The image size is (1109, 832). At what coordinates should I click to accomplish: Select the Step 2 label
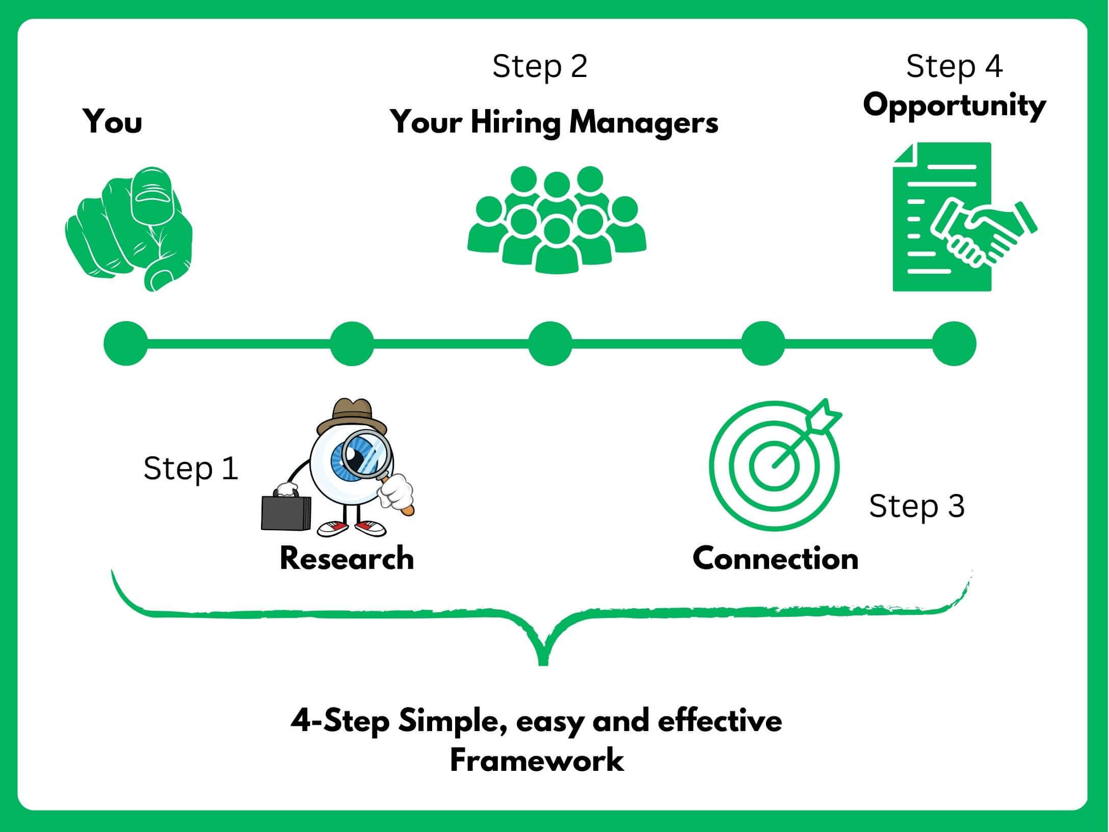(x=540, y=67)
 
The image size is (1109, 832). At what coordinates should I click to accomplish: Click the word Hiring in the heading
(x=515, y=123)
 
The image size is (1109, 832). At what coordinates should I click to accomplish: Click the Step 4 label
(x=954, y=67)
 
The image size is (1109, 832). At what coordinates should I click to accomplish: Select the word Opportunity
(x=954, y=107)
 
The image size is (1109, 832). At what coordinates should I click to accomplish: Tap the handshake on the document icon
(x=984, y=232)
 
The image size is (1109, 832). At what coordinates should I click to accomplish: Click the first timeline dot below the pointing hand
(x=126, y=343)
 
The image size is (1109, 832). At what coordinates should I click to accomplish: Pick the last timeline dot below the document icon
(x=954, y=343)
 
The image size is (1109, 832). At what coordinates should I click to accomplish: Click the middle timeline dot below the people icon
(x=550, y=343)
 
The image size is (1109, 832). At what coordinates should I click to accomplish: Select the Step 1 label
(x=191, y=469)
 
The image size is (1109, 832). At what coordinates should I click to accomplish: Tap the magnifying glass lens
(x=366, y=454)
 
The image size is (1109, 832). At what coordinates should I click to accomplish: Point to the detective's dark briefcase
(x=286, y=513)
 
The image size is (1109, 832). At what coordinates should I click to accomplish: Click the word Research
(x=347, y=558)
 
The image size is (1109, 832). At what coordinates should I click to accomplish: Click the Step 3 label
(x=916, y=507)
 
